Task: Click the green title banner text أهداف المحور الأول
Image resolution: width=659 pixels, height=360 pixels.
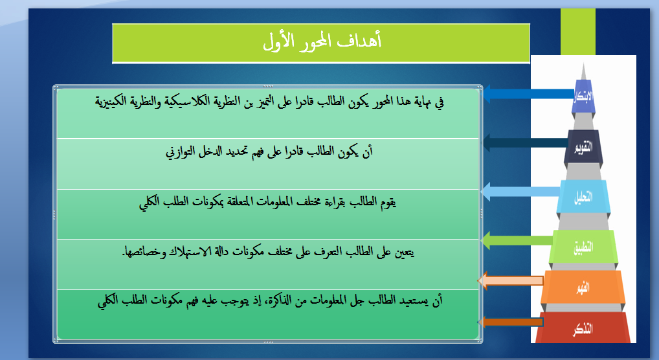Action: (x=322, y=41)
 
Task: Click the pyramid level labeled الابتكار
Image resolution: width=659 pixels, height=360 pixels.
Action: (x=583, y=96)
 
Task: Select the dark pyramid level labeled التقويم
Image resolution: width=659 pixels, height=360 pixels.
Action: (x=583, y=147)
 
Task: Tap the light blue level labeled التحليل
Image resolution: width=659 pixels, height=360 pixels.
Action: (x=583, y=196)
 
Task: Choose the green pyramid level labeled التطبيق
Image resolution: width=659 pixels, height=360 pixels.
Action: (x=583, y=247)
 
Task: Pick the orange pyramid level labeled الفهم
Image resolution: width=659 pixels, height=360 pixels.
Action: (x=583, y=287)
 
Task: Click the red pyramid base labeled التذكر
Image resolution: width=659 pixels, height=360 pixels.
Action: (x=583, y=328)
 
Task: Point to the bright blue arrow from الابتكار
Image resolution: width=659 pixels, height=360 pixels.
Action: (x=528, y=94)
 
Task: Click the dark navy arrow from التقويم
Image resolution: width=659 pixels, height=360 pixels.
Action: (x=525, y=142)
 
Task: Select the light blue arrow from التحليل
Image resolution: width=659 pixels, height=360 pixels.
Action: (x=520, y=192)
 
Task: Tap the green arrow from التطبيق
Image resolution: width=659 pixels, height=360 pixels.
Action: (x=517, y=241)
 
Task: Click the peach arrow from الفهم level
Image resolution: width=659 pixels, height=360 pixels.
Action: (x=511, y=280)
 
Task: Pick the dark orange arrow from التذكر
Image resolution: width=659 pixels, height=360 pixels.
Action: (x=511, y=322)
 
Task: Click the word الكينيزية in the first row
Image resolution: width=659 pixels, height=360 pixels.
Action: (x=110, y=102)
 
